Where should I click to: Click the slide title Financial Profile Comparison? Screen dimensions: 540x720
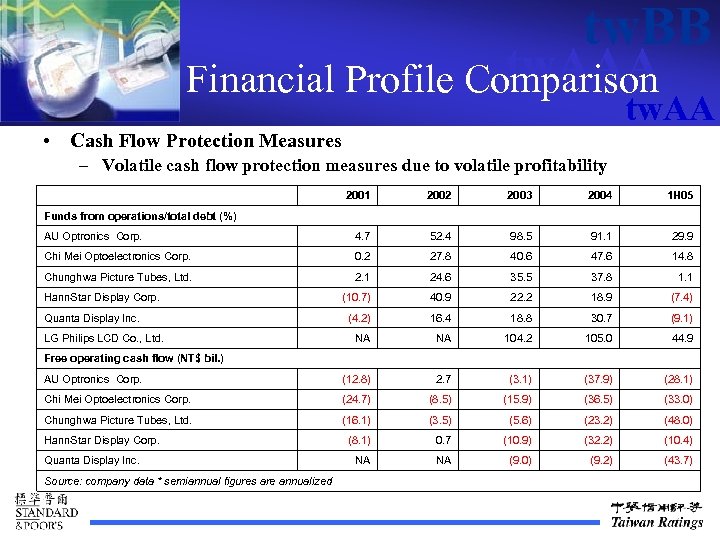(x=422, y=79)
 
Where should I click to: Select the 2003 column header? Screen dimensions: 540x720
(x=520, y=196)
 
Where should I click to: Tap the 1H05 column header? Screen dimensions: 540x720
(x=680, y=196)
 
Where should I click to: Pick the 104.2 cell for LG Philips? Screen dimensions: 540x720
(x=520, y=338)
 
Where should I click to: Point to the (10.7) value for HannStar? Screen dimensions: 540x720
(x=357, y=298)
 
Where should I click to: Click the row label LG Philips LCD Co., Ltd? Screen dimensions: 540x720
(x=104, y=338)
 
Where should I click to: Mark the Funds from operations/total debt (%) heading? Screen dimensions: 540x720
(x=140, y=216)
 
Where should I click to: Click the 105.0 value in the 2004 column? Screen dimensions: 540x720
(x=600, y=338)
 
